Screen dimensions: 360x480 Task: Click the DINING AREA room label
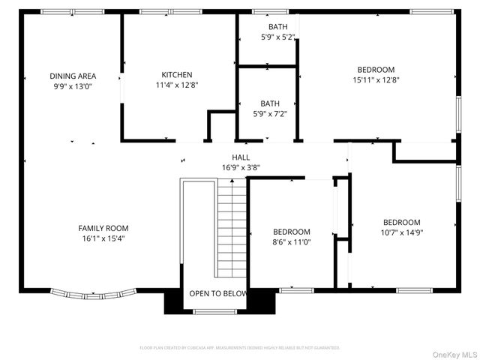(73, 76)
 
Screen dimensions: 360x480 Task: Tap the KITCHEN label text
(177, 75)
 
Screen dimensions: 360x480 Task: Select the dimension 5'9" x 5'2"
(268, 36)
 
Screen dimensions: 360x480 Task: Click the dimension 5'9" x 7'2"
(269, 114)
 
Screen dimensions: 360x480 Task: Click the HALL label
(241, 157)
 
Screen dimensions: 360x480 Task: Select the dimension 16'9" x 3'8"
(241, 167)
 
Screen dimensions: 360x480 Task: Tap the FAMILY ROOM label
(103, 228)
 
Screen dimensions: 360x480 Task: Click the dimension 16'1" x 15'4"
(103, 238)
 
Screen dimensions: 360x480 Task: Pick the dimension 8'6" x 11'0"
(291, 242)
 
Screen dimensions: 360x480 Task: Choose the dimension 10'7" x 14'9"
(401, 232)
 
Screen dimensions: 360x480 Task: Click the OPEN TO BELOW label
(217, 293)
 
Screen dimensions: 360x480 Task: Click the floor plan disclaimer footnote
(240, 348)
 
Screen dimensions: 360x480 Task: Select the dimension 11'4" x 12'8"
(177, 85)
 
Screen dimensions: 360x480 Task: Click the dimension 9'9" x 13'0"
(73, 86)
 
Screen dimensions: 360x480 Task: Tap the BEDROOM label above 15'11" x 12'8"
(376, 70)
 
